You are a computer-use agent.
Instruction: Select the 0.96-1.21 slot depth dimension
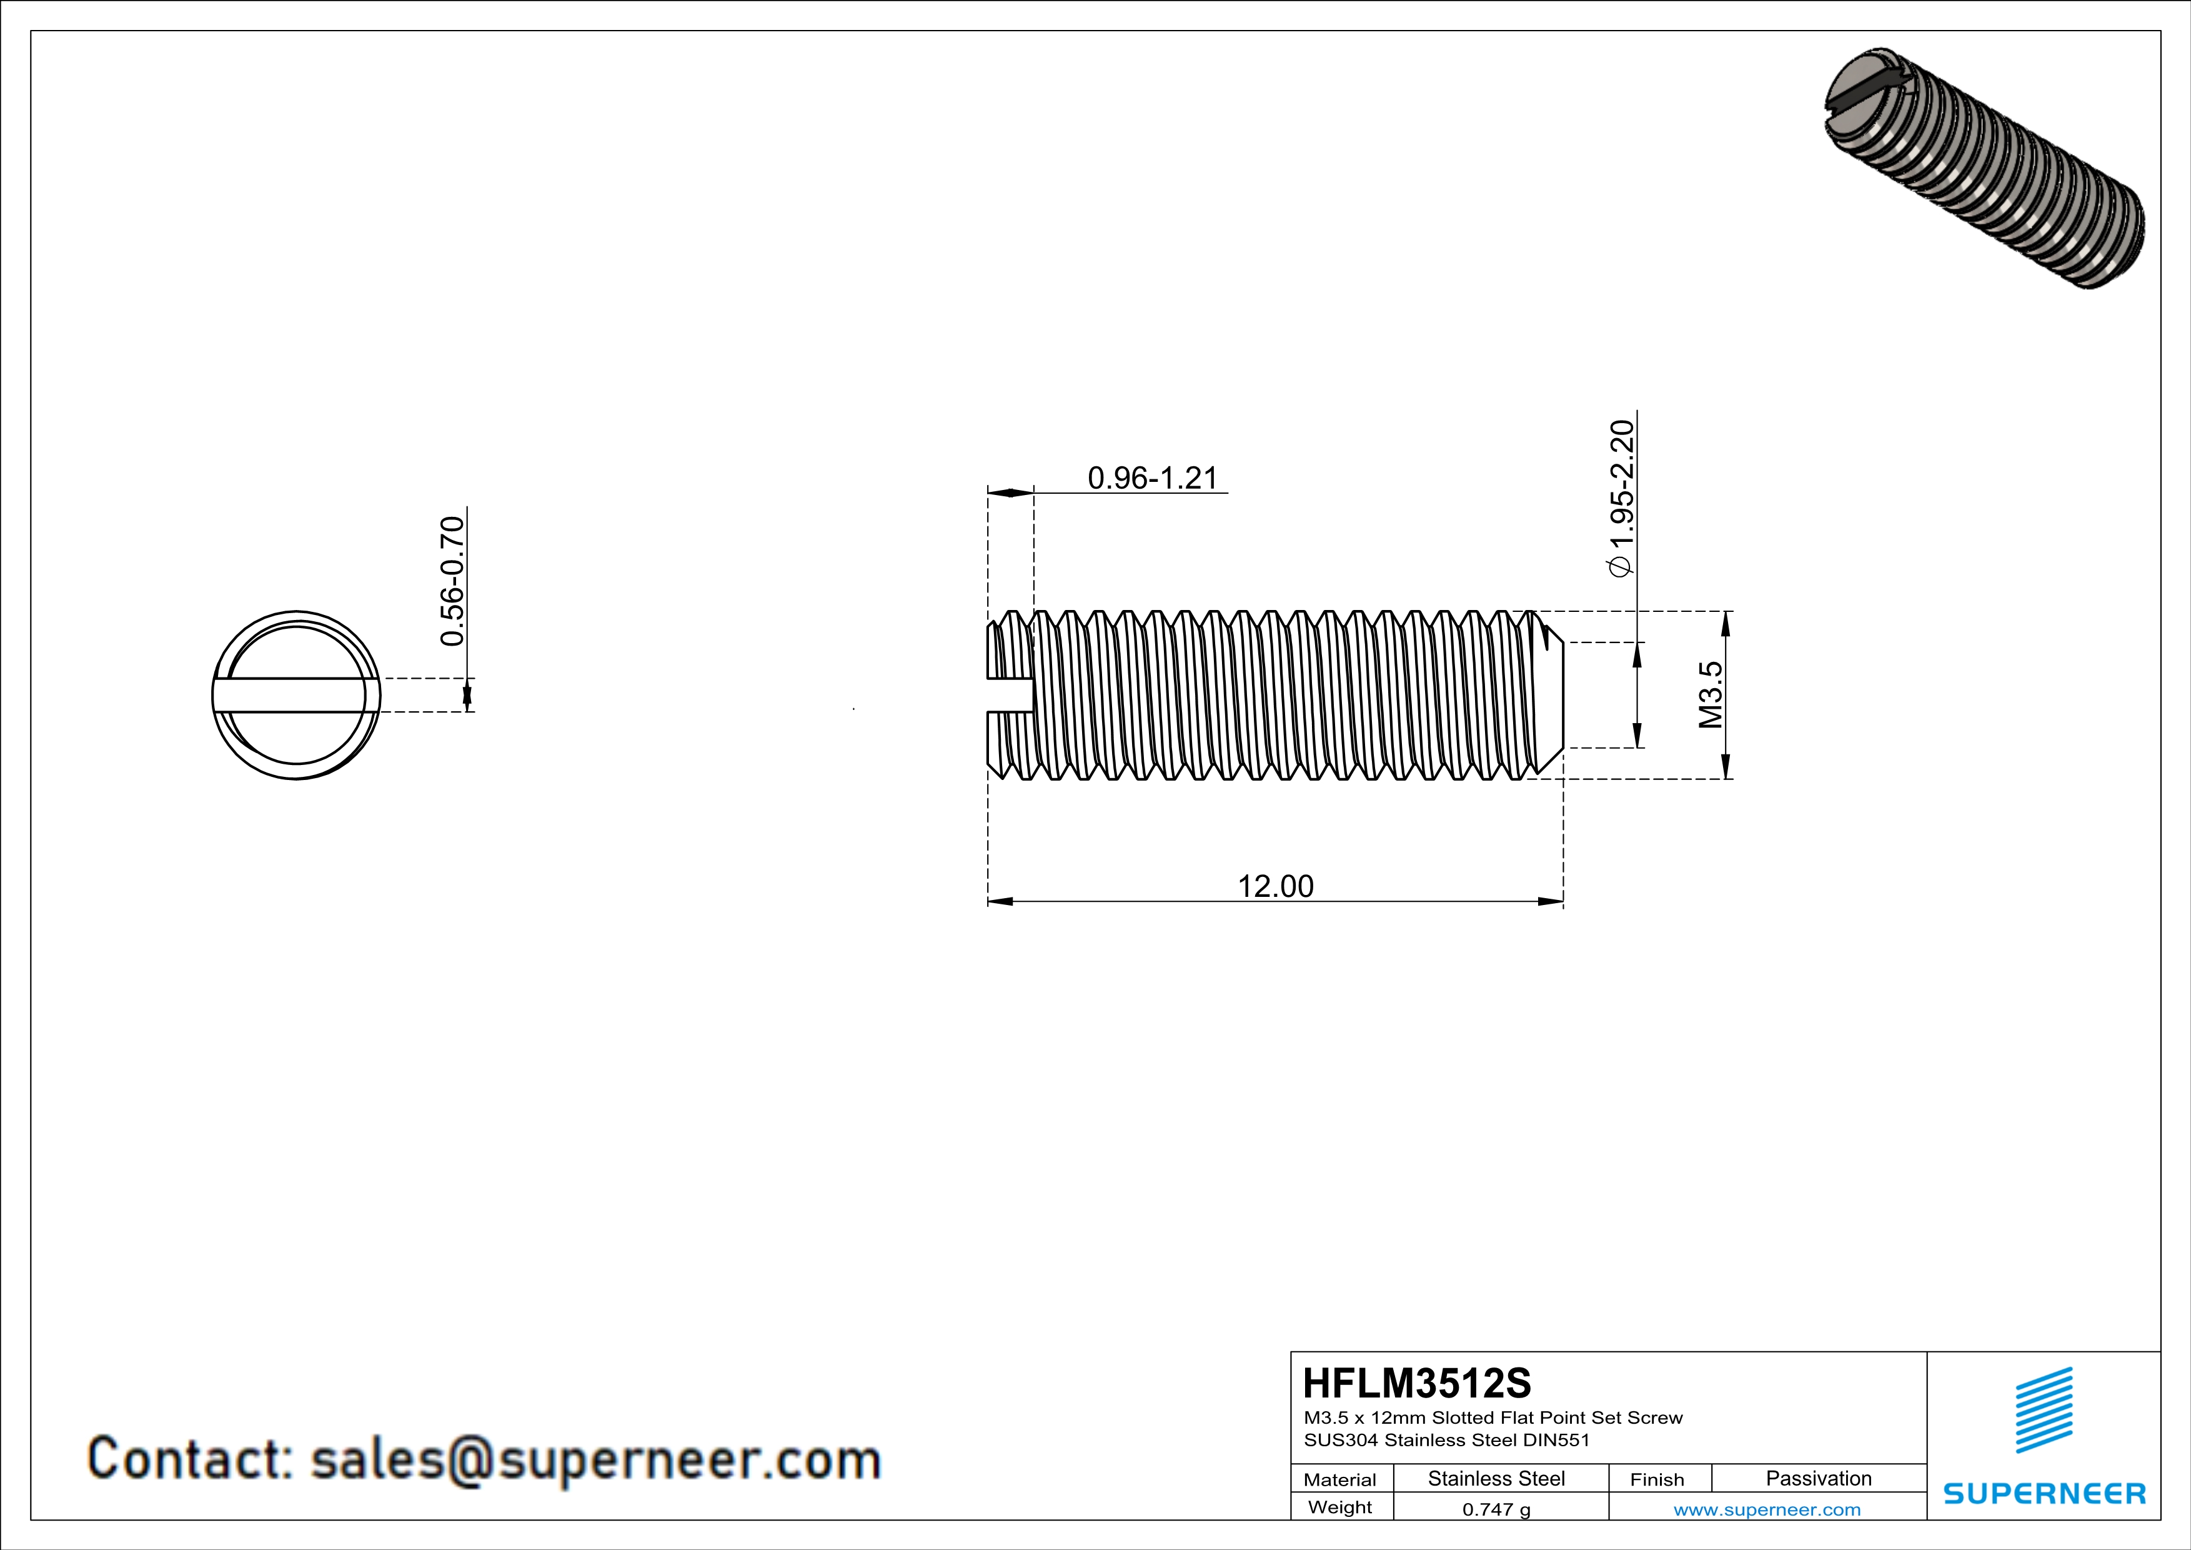pos(1153,477)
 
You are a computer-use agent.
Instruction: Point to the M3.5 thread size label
pos(1711,695)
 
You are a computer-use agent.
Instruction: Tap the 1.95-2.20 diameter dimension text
pos(1621,496)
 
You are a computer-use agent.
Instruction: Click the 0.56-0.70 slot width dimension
pos(451,580)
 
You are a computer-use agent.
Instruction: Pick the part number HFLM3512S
pos(1416,1383)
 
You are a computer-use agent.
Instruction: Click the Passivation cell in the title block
pos(1818,1478)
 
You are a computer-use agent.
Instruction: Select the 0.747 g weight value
pos(1495,1509)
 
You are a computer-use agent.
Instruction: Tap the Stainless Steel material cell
pos(1495,1478)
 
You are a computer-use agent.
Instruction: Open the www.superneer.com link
pos(1766,1509)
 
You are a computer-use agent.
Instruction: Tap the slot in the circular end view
pos(296,695)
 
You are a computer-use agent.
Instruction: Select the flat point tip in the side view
pos(1554,695)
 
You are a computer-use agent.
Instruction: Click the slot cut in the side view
pos(1010,695)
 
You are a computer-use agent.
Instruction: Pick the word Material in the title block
pos(1340,1479)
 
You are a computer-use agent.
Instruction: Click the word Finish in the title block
pos(1657,1479)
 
